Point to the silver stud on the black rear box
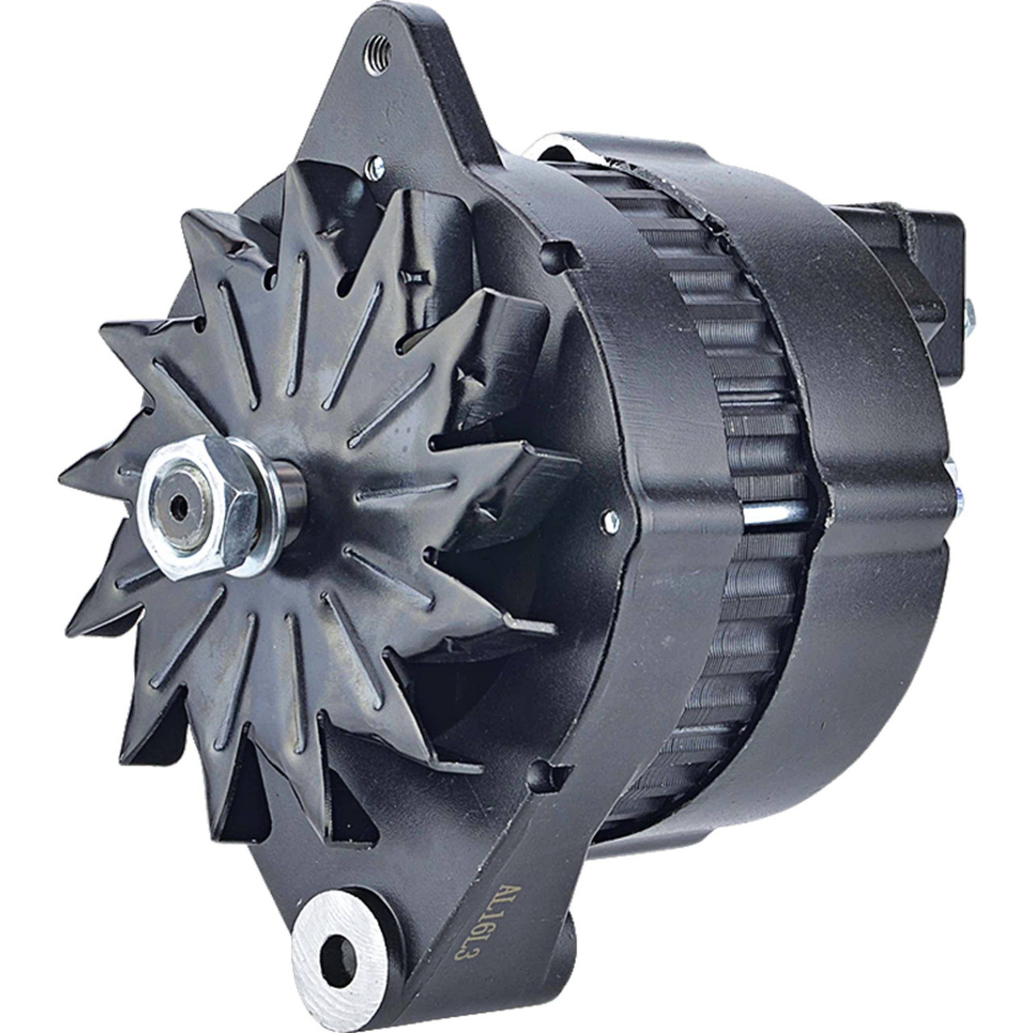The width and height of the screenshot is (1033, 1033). coord(969,311)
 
